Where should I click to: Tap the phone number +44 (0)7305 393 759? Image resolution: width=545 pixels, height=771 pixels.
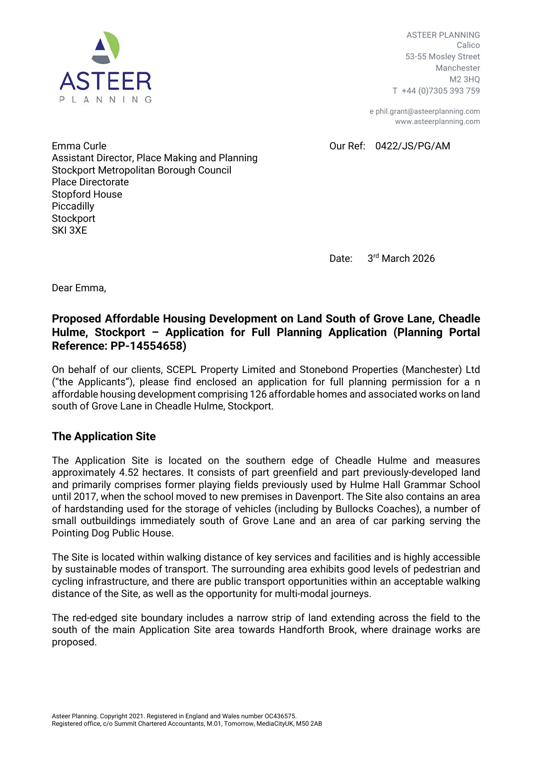[440, 91]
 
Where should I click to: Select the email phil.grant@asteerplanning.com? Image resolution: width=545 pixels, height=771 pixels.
[427, 112]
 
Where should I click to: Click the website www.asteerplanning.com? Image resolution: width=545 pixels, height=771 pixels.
[437, 122]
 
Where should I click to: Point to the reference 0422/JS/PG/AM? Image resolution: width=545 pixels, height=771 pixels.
[412, 146]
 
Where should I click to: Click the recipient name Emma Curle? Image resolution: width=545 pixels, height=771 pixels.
[79, 146]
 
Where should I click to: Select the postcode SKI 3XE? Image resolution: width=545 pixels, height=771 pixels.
[69, 231]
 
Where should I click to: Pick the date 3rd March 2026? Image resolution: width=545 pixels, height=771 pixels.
[401, 258]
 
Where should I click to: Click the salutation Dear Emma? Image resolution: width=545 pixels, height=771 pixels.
[79, 288]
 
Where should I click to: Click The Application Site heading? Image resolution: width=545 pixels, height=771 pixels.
[104, 437]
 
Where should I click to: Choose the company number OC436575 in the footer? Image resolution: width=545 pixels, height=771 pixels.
[280, 716]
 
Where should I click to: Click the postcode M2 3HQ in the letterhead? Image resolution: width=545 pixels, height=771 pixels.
[465, 80]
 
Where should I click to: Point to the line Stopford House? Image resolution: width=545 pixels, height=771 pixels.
[87, 195]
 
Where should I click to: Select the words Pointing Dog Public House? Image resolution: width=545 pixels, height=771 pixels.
[112, 533]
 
